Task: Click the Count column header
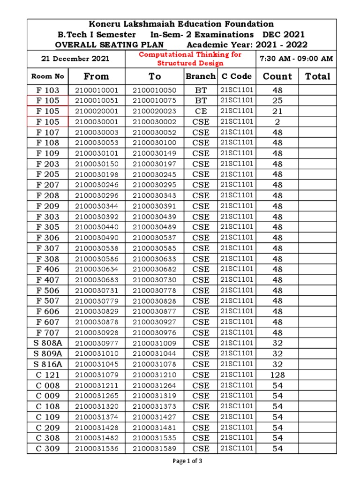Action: tap(277, 76)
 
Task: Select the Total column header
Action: tap(317, 76)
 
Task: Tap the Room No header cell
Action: tap(47, 76)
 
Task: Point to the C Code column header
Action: tap(236, 76)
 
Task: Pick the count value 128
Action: tap(277, 375)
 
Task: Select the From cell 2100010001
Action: tap(97, 90)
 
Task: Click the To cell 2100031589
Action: tap(155, 449)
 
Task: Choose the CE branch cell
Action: tap(201, 111)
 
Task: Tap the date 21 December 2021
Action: tap(75, 59)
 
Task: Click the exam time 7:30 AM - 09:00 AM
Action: tap(296, 59)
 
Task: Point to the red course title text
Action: tap(190, 59)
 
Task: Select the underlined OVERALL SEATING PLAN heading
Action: tap(111, 45)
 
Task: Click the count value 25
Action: tap(277, 101)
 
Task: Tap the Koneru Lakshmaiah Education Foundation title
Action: tap(181, 24)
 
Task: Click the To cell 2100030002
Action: tap(155, 122)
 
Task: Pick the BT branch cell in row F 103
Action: tap(201, 90)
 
